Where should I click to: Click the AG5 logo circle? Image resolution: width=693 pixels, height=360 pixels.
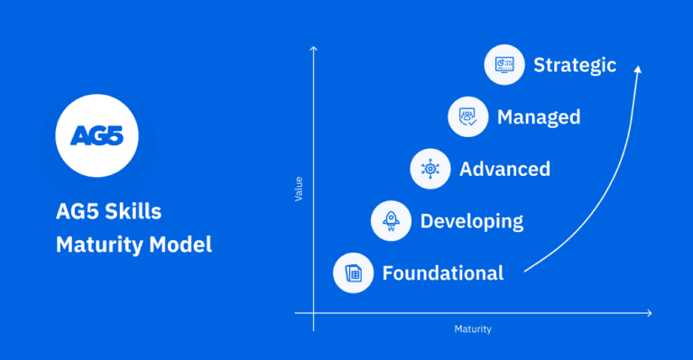coord(97,136)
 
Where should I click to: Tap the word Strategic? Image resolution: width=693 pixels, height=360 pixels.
coord(574,65)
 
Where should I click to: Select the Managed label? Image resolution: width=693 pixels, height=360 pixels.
coord(538,117)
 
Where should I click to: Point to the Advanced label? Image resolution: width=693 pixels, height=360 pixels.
coord(504,169)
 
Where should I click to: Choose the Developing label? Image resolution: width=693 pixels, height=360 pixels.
coord(471,220)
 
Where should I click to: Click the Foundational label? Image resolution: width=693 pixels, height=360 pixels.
coord(442,272)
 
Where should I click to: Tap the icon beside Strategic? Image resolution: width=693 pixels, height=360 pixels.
coord(505,65)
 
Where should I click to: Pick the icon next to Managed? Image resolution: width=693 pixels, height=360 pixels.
coord(469,117)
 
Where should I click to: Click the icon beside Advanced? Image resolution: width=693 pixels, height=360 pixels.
coord(430,169)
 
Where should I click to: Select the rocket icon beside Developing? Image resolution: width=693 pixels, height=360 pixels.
coord(392,220)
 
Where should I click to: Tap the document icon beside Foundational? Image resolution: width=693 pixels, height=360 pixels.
coord(354,272)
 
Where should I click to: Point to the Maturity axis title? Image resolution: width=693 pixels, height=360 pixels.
coord(473,329)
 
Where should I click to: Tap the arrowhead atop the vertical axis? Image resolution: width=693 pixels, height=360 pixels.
coord(314,48)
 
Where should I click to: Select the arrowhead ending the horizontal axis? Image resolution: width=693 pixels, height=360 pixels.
coord(649,313)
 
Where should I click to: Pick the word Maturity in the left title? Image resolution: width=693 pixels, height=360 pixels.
coord(94,244)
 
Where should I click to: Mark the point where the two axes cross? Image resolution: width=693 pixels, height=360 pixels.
coord(314,313)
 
